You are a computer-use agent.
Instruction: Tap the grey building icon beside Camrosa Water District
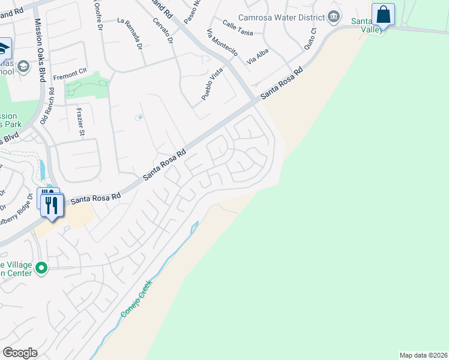pyautogui.click(x=334, y=18)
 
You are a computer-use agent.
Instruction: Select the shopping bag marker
pyautogui.click(x=383, y=15)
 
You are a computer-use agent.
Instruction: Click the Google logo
pyautogui.click(x=20, y=353)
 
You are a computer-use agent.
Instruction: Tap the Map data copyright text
pyautogui.click(x=423, y=355)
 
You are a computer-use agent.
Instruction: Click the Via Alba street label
pyautogui.click(x=258, y=56)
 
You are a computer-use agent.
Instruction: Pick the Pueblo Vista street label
pyautogui.click(x=212, y=83)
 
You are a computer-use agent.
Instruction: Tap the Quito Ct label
pyautogui.click(x=310, y=39)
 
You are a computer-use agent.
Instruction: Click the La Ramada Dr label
pyautogui.click(x=130, y=33)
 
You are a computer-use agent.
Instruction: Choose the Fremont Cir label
pyautogui.click(x=70, y=75)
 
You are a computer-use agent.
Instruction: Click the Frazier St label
pyautogui.click(x=80, y=121)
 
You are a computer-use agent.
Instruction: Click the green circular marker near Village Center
pyautogui.click(x=41, y=268)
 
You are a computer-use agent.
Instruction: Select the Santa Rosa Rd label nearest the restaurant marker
pyautogui.click(x=95, y=197)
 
